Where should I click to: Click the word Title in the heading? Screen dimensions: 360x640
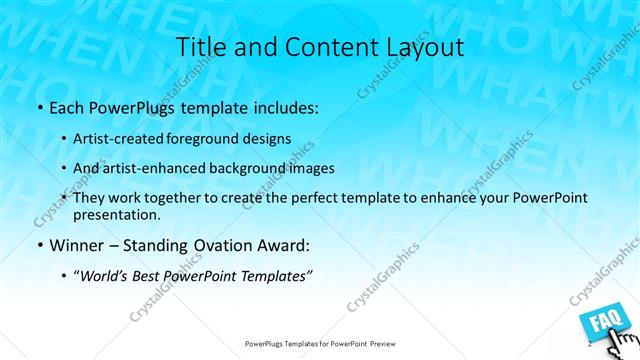tap(200, 47)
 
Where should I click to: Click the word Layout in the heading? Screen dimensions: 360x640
tap(423, 47)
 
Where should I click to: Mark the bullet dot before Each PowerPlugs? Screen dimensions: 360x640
tap(39, 106)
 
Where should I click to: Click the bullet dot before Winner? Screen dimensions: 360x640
tap(39, 246)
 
